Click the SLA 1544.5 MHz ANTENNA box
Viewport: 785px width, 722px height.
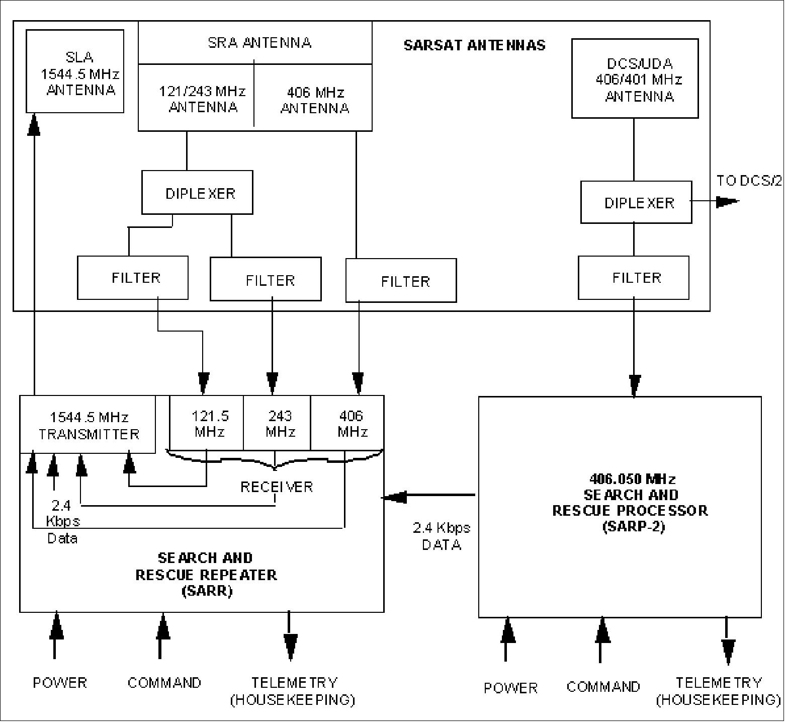point(75,71)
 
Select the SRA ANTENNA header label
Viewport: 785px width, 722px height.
point(259,43)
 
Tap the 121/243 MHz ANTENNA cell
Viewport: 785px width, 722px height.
point(202,99)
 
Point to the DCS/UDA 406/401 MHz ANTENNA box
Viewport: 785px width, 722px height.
point(635,79)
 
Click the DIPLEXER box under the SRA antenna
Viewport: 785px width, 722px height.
point(197,193)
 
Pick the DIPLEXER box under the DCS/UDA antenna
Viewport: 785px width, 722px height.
point(636,202)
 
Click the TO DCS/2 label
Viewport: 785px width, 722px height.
point(749,181)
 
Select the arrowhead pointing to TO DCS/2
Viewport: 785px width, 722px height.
point(727,201)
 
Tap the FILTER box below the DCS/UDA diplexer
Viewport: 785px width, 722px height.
point(634,278)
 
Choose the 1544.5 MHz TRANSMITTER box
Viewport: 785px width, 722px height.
point(88,425)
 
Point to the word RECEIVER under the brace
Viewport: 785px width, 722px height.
point(277,487)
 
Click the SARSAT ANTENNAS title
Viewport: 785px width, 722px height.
point(474,45)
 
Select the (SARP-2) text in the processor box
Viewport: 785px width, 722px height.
point(633,527)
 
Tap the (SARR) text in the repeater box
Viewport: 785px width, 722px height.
point(206,591)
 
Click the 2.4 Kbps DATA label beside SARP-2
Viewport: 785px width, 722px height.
point(442,536)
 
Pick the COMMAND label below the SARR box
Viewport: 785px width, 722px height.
point(164,682)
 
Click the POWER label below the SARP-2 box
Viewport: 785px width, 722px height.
point(510,687)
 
